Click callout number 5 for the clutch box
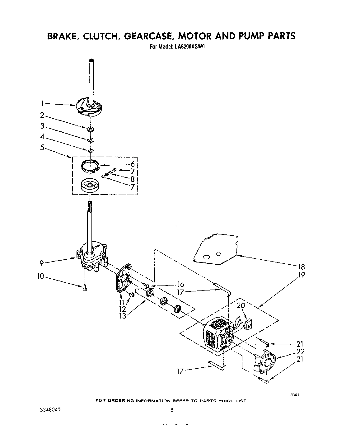pos(42,148)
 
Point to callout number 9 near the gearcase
pos(41,263)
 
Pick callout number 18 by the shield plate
pos(301,267)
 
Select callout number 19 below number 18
pos(301,275)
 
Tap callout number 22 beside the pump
pos(300,352)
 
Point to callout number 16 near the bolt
pos(180,284)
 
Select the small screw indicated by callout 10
pos(84,288)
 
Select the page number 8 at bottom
pos(171,410)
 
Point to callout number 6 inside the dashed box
pos(132,164)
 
